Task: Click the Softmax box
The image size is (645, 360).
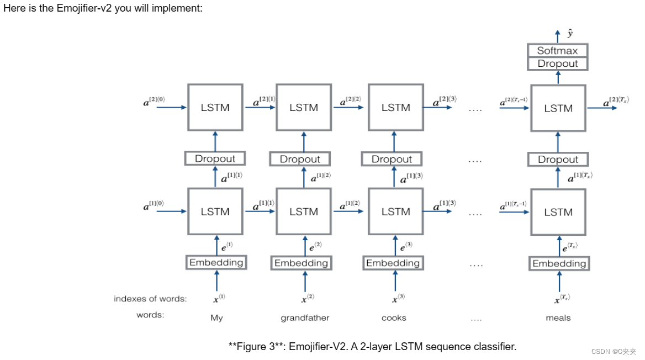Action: coord(558,51)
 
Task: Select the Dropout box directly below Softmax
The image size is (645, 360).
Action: coord(558,63)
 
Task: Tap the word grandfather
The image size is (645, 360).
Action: coord(305,318)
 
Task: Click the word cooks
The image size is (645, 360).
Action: coord(394,318)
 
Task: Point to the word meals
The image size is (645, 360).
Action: coord(558,318)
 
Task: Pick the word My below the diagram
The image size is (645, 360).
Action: coord(216,318)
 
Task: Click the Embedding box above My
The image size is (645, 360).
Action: coord(216,263)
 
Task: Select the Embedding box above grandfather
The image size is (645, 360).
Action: coord(301,263)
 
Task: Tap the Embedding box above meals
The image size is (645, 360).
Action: coord(559,264)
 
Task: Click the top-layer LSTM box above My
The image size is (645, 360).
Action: coord(215,108)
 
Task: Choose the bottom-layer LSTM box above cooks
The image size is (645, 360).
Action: coord(395,212)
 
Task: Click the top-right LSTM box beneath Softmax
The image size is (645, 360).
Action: coord(558,108)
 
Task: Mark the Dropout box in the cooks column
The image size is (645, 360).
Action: coord(392,160)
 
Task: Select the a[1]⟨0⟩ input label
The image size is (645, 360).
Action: coord(154,205)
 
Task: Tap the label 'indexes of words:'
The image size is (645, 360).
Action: coord(150,299)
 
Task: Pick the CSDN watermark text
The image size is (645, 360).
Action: coord(613,351)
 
